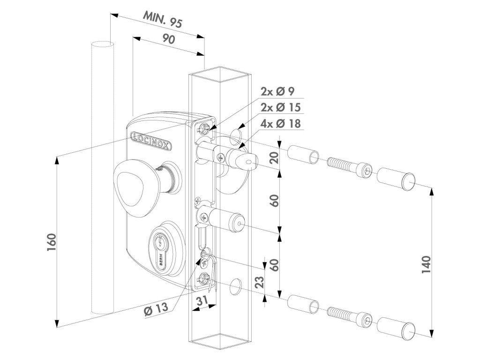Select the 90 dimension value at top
point(168,39)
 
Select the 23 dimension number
point(259,282)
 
